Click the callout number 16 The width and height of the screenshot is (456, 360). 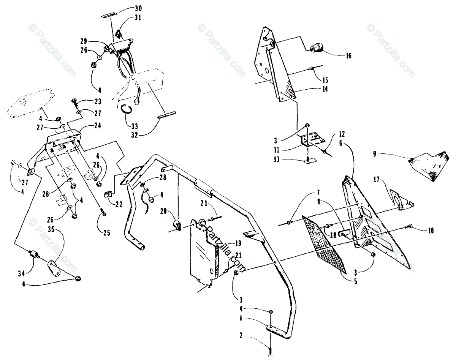(348, 56)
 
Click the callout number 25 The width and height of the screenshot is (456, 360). (106, 233)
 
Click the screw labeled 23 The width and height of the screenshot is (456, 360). (74, 102)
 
